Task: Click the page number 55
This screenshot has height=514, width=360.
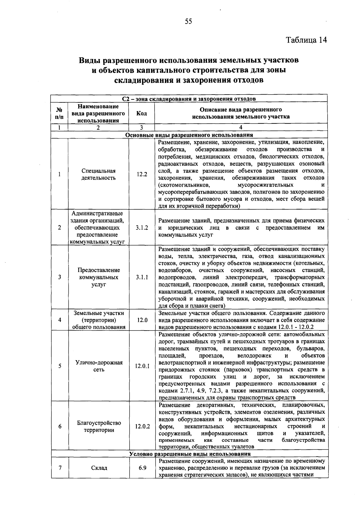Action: tap(188, 21)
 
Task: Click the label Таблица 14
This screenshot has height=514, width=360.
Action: tap(306, 40)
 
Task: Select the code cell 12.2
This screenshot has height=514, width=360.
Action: tap(142, 174)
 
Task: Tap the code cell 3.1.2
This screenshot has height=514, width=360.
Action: tap(142, 228)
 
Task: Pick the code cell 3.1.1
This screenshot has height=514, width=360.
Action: tap(142, 277)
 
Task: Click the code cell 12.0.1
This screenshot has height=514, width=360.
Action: tap(142, 366)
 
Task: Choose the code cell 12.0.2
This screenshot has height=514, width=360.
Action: tap(142, 426)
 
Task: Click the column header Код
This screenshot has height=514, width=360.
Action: tap(142, 113)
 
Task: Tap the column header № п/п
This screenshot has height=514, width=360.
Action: tap(59, 113)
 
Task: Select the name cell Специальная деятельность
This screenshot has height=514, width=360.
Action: tap(99, 174)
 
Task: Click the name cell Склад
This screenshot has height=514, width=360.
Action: tap(99, 468)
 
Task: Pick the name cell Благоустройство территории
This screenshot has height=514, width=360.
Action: tap(99, 426)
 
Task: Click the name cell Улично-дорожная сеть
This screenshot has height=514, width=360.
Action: tap(99, 366)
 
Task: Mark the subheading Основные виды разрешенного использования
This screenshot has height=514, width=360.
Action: tap(189, 135)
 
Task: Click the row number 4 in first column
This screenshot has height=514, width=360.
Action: tap(59, 320)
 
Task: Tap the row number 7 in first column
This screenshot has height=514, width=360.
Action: tap(59, 468)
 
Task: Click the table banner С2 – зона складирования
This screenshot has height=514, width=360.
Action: tap(189, 99)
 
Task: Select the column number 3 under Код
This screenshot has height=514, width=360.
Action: tap(142, 127)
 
